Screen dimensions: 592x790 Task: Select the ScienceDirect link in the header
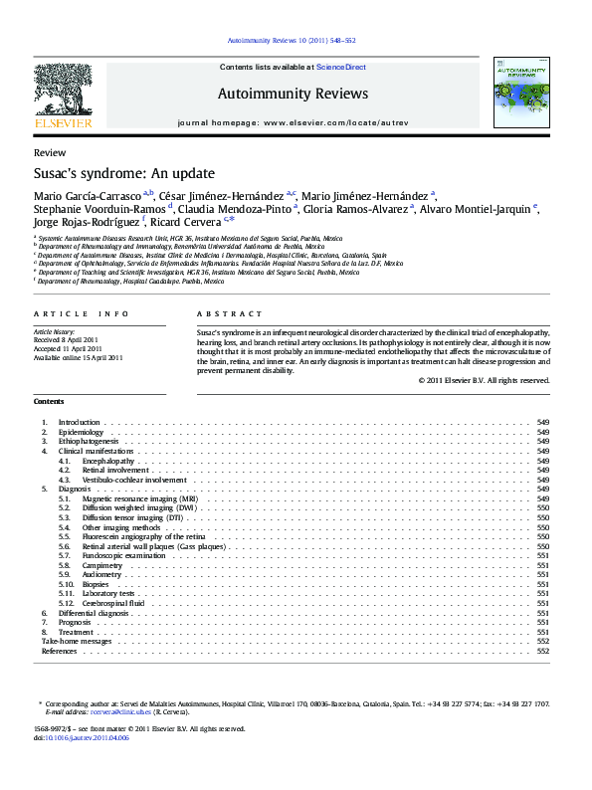341,67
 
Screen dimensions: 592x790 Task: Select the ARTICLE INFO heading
82,313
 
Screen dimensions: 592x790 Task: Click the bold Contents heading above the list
49,401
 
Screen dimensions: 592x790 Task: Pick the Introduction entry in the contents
80,422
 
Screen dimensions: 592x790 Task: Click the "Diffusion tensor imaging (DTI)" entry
132,518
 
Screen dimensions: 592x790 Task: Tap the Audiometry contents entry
103,574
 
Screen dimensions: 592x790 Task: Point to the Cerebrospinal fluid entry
113,603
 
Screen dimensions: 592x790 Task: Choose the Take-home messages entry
76,642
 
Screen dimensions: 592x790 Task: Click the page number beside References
543,651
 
